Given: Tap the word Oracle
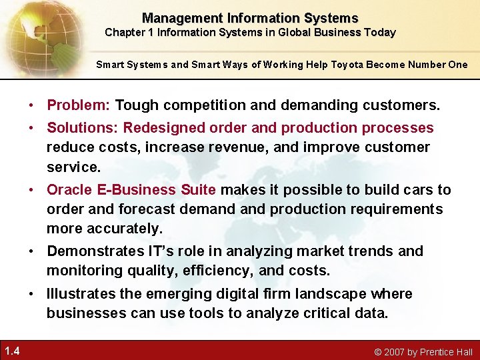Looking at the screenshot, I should point(70,190).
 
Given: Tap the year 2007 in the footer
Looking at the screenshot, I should point(395,351).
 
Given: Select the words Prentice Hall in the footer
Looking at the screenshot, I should point(446,351).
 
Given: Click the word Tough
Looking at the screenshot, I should point(137,105).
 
